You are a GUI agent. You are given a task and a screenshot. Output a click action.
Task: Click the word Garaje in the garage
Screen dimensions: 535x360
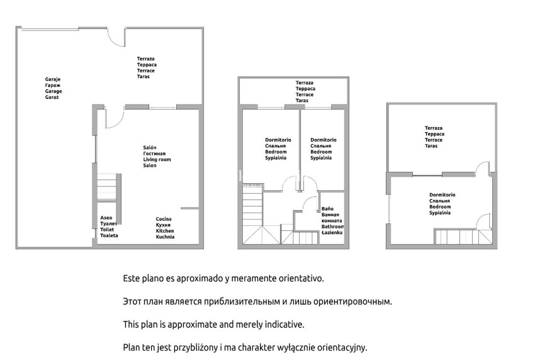point(52,79)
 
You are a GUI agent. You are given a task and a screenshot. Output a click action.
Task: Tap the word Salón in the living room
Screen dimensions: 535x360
point(150,147)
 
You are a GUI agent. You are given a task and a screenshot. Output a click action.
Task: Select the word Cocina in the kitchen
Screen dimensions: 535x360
point(164,219)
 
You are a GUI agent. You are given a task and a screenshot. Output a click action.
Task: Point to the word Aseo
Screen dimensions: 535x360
point(106,218)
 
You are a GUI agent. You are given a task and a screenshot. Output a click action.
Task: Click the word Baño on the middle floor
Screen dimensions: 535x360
point(327,208)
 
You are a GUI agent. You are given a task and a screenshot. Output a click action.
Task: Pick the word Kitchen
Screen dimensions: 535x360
point(165,231)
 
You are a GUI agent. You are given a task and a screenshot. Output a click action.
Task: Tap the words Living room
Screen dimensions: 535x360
point(157,159)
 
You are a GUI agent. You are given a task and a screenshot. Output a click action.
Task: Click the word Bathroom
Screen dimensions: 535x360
point(333,226)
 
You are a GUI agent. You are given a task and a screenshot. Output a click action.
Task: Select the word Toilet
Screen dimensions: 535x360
point(107,230)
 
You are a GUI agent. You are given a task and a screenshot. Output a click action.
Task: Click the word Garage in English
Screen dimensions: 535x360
point(53,91)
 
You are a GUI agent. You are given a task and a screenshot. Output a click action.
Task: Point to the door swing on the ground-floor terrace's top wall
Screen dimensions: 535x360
point(116,38)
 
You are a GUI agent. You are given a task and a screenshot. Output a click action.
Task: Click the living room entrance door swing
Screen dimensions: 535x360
point(114,118)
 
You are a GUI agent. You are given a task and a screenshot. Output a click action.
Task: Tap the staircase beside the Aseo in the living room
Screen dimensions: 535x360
point(108,187)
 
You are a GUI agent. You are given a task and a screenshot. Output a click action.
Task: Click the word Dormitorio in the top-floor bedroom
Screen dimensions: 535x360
point(442,195)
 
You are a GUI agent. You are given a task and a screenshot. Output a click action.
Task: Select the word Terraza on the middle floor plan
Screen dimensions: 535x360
point(305,82)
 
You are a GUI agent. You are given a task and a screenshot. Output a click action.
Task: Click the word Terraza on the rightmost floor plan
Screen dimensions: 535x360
point(433,128)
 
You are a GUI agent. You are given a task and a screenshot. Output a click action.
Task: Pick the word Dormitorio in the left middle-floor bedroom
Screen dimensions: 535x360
point(278,140)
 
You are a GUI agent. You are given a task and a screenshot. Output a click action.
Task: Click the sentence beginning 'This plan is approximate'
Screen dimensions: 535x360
point(213,324)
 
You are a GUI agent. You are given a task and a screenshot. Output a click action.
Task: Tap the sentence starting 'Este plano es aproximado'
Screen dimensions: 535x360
point(223,278)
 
